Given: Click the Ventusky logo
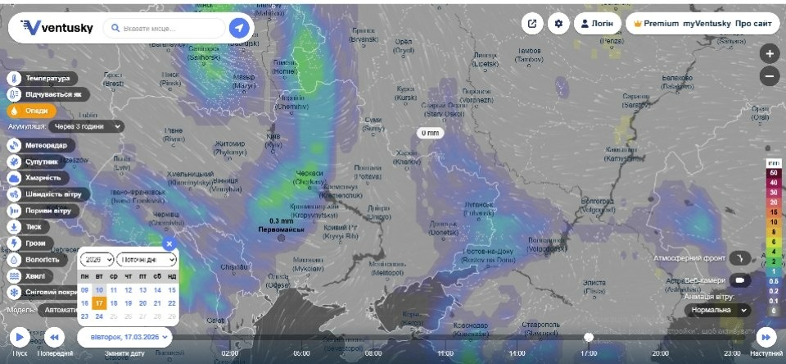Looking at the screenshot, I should click(x=56, y=28).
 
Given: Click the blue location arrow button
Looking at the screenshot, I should click(x=239, y=28).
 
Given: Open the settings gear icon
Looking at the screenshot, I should click(x=559, y=24).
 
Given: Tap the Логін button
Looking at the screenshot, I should click(x=596, y=24).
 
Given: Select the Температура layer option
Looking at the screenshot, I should click(x=45, y=79).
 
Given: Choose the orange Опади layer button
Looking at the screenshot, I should click(x=33, y=111).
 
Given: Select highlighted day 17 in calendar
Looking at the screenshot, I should click(x=98, y=303).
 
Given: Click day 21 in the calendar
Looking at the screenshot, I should click(x=157, y=303).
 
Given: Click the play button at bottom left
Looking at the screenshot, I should click(x=19, y=337).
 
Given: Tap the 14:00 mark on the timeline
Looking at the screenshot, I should click(x=517, y=353).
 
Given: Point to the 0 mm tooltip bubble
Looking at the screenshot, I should click(x=429, y=132).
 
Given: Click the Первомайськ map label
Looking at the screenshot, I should click(x=282, y=230).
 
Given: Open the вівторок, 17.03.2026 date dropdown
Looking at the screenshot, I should click(x=124, y=337).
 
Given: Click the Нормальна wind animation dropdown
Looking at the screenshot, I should click(x=719, y=311).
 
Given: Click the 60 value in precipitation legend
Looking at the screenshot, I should click(x=772, y=173).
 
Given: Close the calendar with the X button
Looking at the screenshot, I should click(x=169, y=243).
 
